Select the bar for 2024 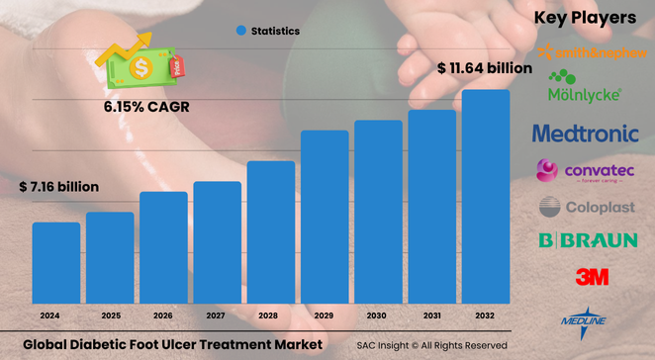(x=56, y=263)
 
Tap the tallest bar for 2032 (x=486, y=197)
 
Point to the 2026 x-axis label (x=163, y=317)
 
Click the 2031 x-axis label (x=432, y=317)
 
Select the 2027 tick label (x=217, y=317)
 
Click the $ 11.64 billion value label (x=485, y=69)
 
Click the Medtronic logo (x=592, y=132)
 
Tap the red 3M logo (x=592, y=276)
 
